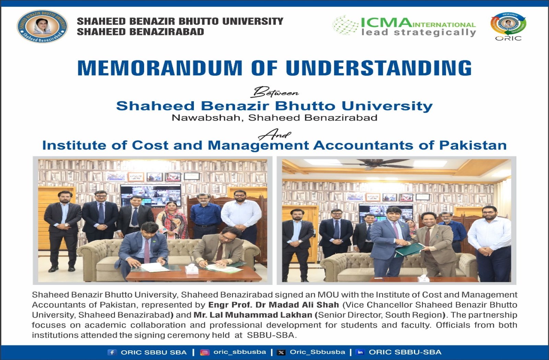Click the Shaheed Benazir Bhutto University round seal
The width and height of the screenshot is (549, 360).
(x=42, y=26)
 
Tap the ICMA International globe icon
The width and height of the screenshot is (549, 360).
(x=346, y=25)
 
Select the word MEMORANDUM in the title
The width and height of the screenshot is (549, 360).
(x=160, y=68)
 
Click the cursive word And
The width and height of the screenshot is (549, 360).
(x=274, y=134)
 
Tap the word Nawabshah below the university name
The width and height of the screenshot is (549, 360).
(x=207, y=118)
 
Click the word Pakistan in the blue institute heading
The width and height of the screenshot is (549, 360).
(x=473, y=145)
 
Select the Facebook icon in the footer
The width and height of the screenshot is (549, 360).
(x=112, y=352)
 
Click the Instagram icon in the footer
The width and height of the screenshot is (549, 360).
(x=205, y=352)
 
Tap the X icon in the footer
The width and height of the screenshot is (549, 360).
(x=281, y=352)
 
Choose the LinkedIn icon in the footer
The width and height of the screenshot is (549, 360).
(x=360, y=352)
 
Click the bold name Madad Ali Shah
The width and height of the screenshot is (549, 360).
(x=304, y=305)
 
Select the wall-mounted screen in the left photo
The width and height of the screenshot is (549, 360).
(x=151, y=195)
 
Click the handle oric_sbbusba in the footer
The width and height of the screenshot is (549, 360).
(x=240, y=352)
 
